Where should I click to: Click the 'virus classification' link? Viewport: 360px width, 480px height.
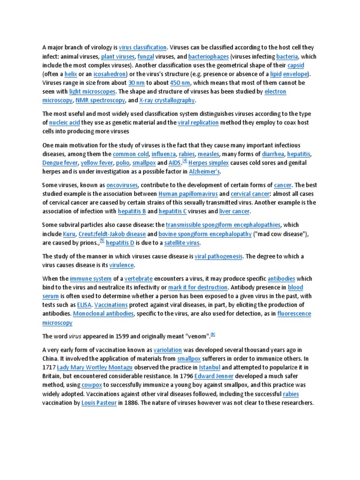pos(142,47)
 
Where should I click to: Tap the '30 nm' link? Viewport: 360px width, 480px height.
pos(137,83)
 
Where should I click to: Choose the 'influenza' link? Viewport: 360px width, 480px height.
pos(164,154)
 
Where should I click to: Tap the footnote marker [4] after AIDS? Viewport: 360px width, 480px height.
pos(185,161)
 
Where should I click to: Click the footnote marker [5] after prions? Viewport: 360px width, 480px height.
pos(102,241)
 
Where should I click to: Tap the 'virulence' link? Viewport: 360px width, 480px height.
pos(121,265)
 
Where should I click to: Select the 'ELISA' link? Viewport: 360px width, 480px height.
pos(84,305)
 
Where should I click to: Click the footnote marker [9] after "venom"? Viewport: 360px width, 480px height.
pos(213,334)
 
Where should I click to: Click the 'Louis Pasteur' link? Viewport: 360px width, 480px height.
pos(99,403)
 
